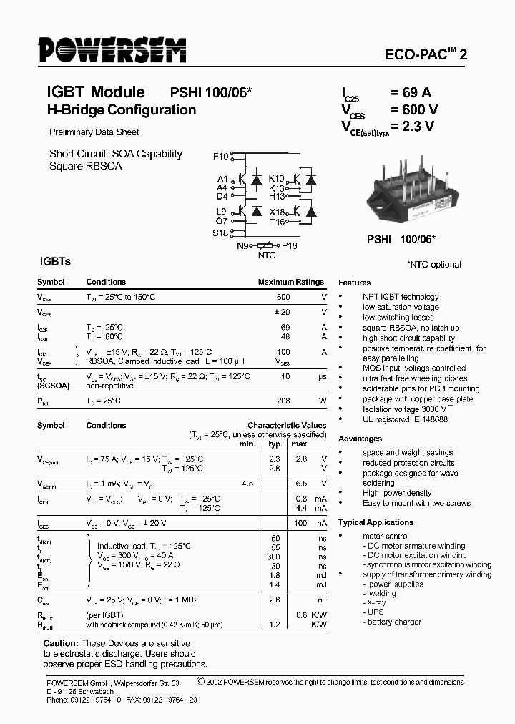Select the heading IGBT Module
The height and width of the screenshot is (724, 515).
coord(95,92)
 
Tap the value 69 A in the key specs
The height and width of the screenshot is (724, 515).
coord(411,92)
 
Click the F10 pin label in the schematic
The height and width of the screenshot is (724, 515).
coord(220,157)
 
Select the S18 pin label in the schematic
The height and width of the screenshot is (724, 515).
coord(220,233)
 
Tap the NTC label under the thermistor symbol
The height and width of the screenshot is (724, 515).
coord(266,255)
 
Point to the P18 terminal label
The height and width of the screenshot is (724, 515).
coord(289,245)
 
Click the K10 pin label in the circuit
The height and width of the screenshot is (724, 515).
coord(276,178)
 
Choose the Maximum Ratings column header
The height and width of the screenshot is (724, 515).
coord(290,282)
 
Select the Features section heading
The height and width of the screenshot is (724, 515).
coord(355,283)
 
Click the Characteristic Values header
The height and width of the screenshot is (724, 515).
coord(287,425)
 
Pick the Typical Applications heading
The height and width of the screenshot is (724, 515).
coord(376,522)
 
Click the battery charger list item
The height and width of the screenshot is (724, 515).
coord(395,622)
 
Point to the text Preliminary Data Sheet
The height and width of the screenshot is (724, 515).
coord(94,132)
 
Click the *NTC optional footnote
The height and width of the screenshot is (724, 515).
coord(433,265)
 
